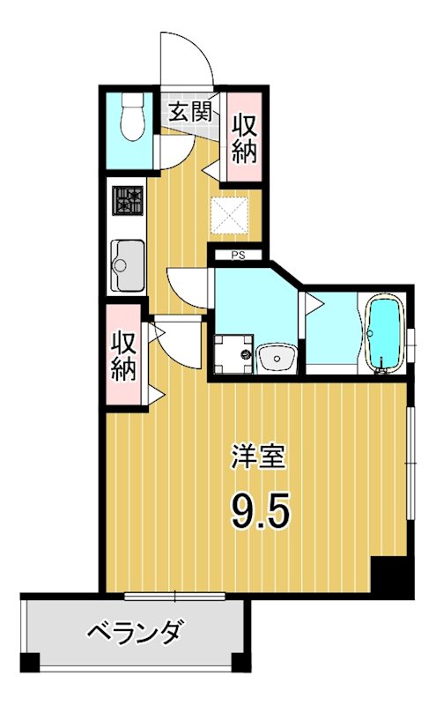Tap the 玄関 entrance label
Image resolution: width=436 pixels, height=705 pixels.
[189, 111]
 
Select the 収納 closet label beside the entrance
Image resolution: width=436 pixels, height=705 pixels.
[244, 137]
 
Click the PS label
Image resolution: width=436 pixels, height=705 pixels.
[237, 256]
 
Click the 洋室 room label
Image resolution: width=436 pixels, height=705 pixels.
[258, 458]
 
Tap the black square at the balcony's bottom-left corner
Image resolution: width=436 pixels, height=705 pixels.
[30, 662]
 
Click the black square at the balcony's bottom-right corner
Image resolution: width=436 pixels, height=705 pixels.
[240, 662]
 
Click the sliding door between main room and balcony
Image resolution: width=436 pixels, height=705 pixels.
[176, 596]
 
